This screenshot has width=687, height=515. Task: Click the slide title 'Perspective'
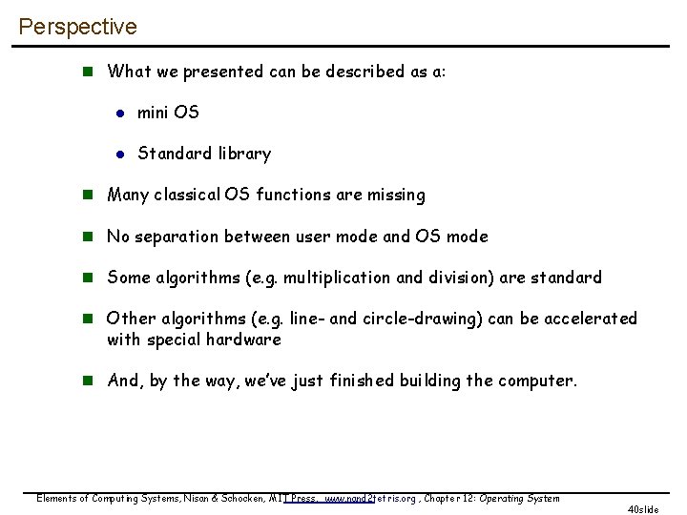coord(77,27)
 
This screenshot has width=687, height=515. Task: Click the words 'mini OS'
coord(168,113)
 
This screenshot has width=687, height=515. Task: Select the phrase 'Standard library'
coord(204,154)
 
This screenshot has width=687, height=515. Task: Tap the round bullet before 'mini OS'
coord(120,113)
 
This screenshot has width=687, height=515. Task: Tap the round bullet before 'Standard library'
coord(120,154)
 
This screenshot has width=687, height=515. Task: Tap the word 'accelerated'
coord(590,319)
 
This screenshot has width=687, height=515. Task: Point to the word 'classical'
coord(187,195)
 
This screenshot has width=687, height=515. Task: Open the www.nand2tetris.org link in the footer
coord(370,499)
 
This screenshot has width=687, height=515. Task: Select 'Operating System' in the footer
coord(519,499)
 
